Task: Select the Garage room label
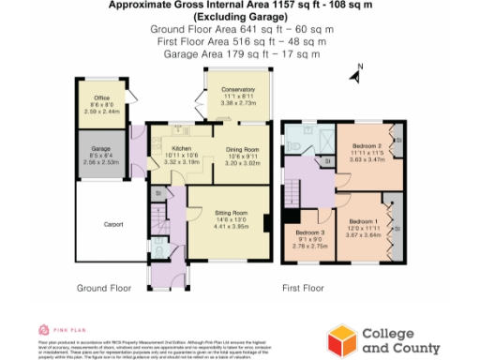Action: (x=101, y=148)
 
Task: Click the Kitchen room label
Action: (x=181, y=148)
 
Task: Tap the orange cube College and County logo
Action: (x=340, y=337)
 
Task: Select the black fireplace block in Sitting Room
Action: (x=267, y=223)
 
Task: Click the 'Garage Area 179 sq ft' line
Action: (x=242, y=54)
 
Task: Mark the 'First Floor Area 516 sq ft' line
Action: (x=242, y=42)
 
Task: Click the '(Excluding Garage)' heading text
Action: (x=242, y=18)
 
